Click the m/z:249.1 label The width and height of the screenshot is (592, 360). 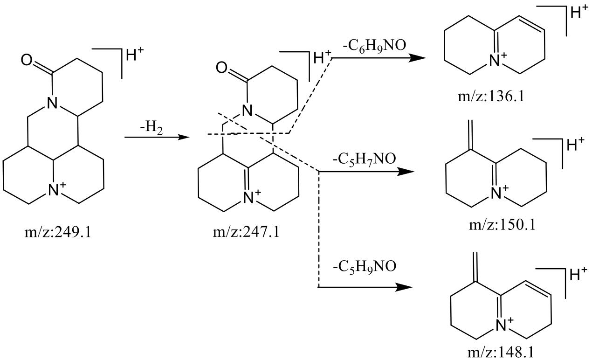point(58,233)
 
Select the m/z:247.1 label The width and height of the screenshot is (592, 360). point(246,233)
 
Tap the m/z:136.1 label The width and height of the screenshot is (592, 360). point(491,97)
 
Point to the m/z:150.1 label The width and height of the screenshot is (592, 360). point(502,226)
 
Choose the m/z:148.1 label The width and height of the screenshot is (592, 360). point(501,353)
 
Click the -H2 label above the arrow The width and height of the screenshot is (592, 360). point(151,128)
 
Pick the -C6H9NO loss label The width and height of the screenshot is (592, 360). point(374,46)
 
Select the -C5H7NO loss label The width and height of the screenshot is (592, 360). point(364,159)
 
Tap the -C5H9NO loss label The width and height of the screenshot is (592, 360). point(365,266)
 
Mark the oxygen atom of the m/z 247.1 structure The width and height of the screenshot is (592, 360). point(221,68)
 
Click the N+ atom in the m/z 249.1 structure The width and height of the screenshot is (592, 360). point(56,189)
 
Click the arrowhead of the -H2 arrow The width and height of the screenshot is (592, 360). point(184,137)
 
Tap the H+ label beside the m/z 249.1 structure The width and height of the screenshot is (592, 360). point(135,55)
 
